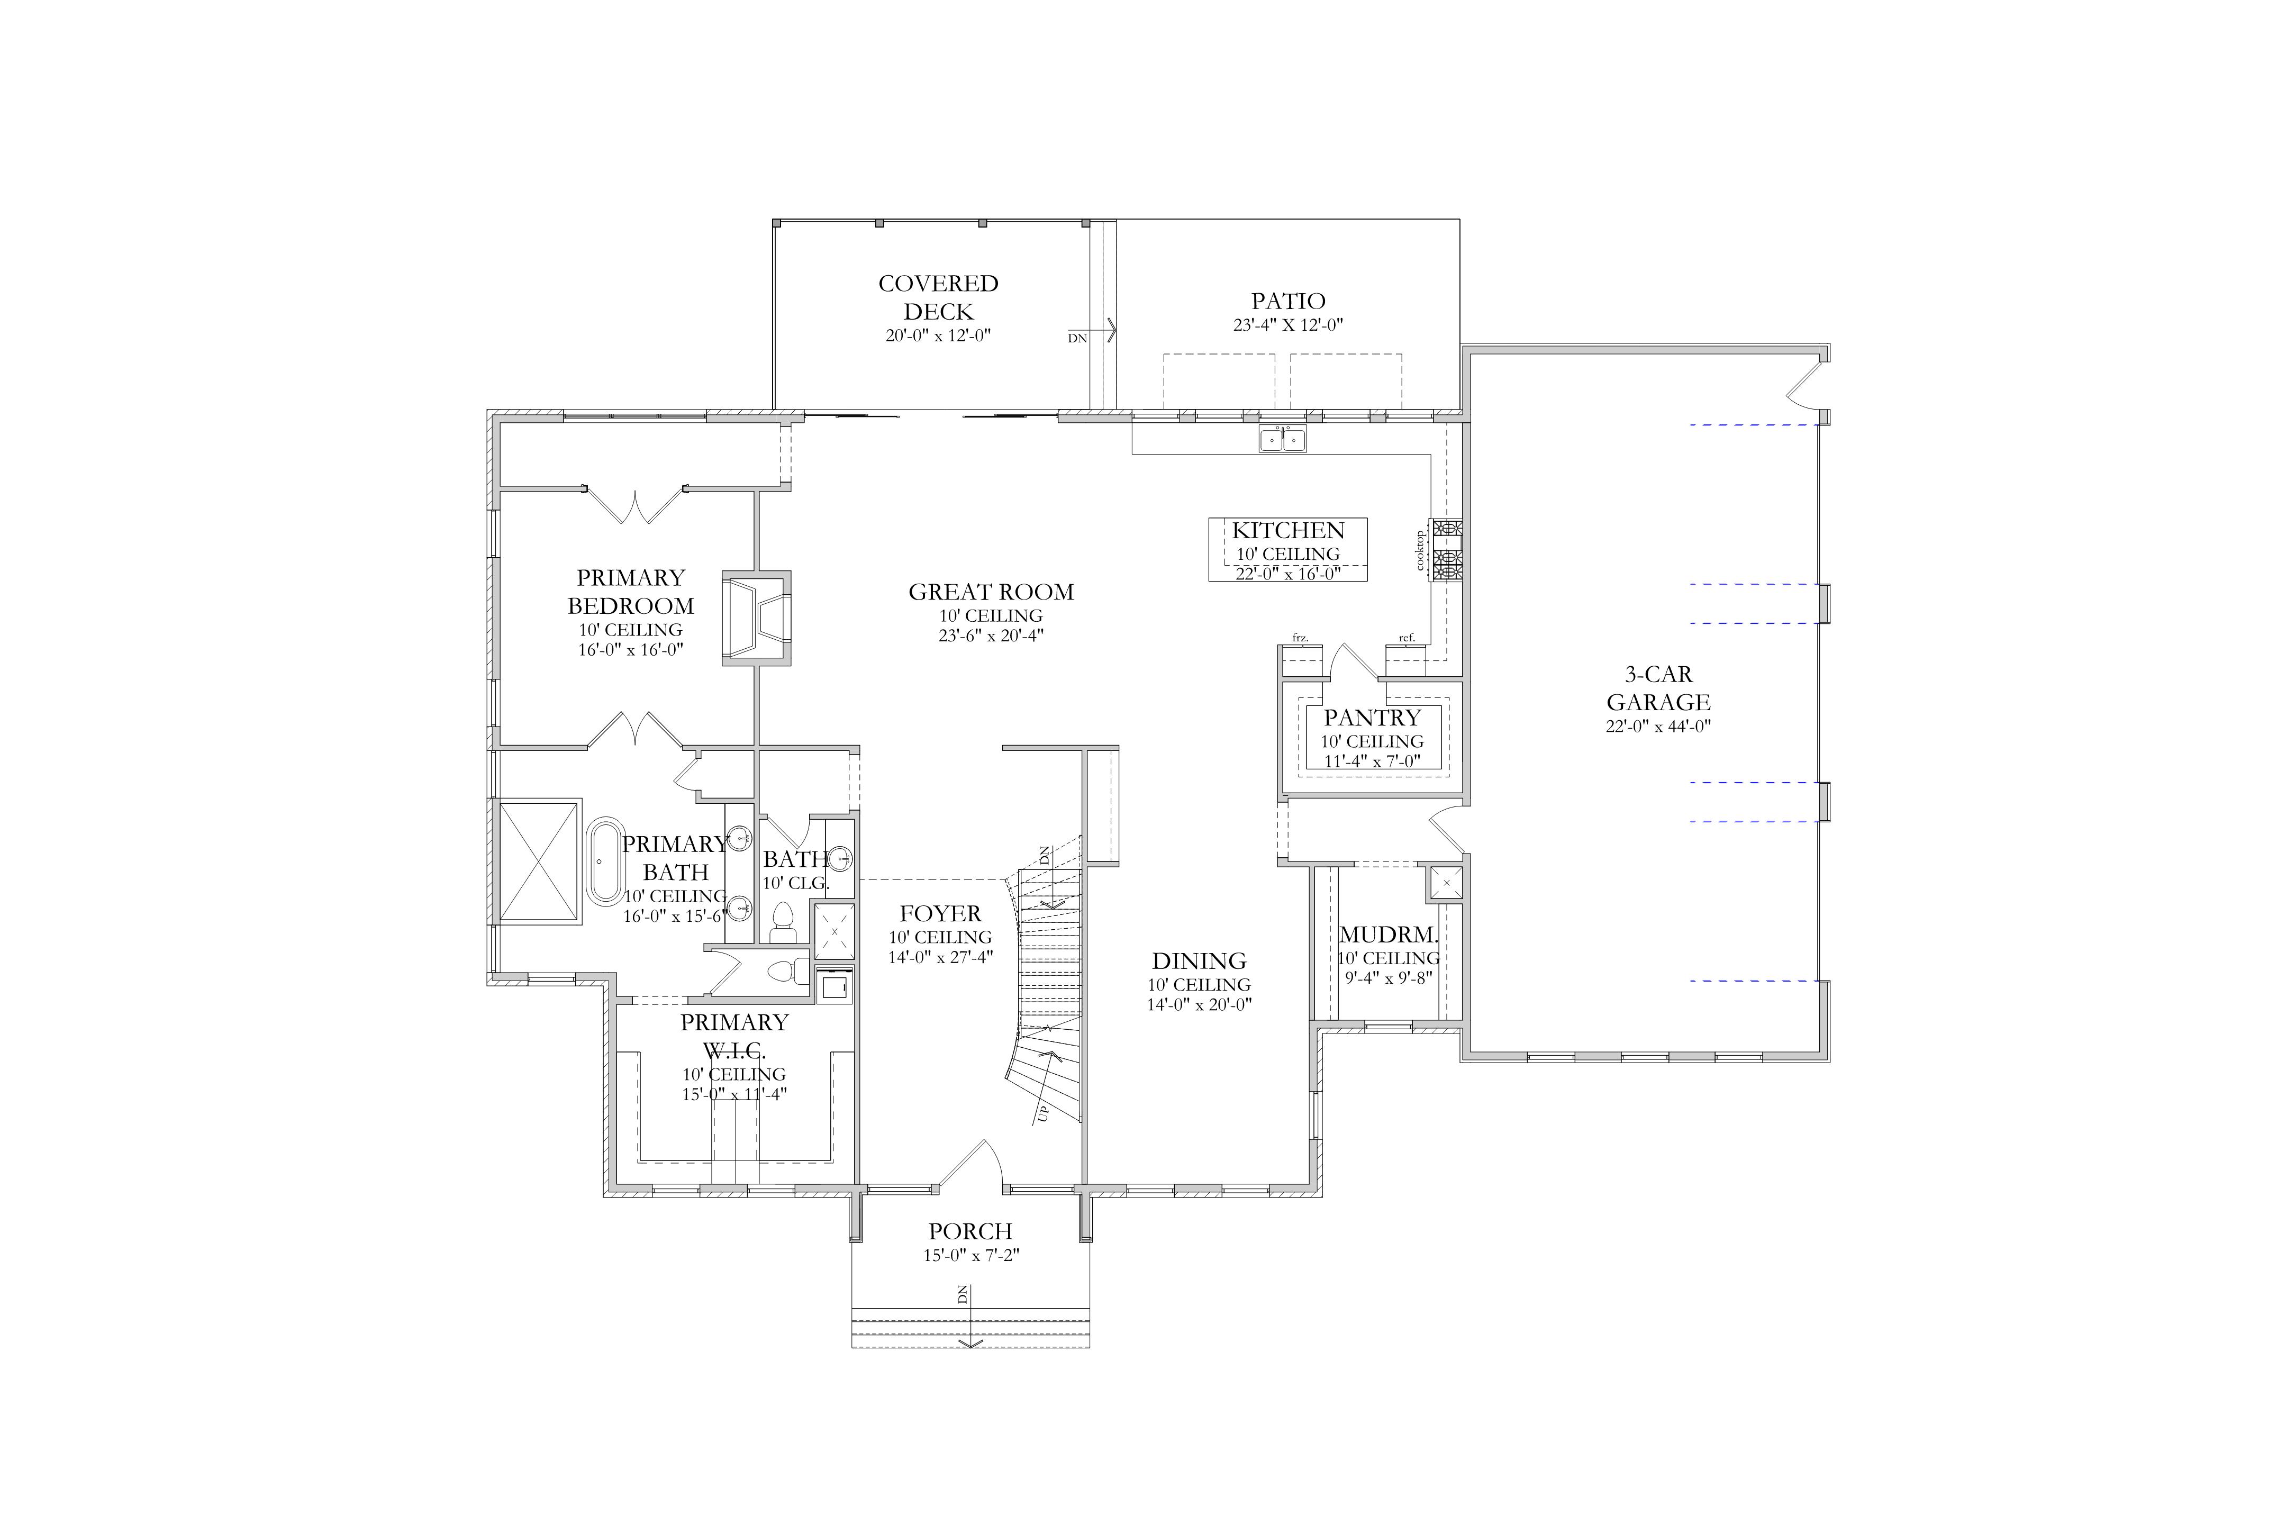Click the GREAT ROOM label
(x=991, y=592)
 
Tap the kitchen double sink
(x=1283, y=439)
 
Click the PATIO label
(x=1288, y=301)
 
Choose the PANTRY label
(x=1372, y=718)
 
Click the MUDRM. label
(x=1388, y=935)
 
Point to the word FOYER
(x=940, y=914)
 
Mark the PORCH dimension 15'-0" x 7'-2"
(x=971, y=1256)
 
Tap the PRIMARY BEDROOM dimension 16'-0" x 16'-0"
(x=631, y=649)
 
